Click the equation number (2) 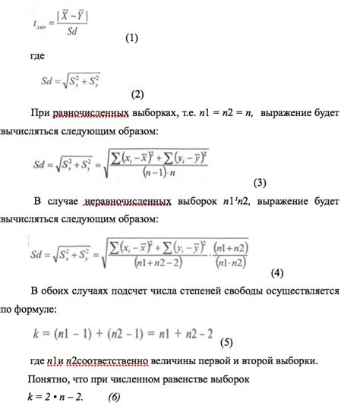(x=137, y=95)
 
